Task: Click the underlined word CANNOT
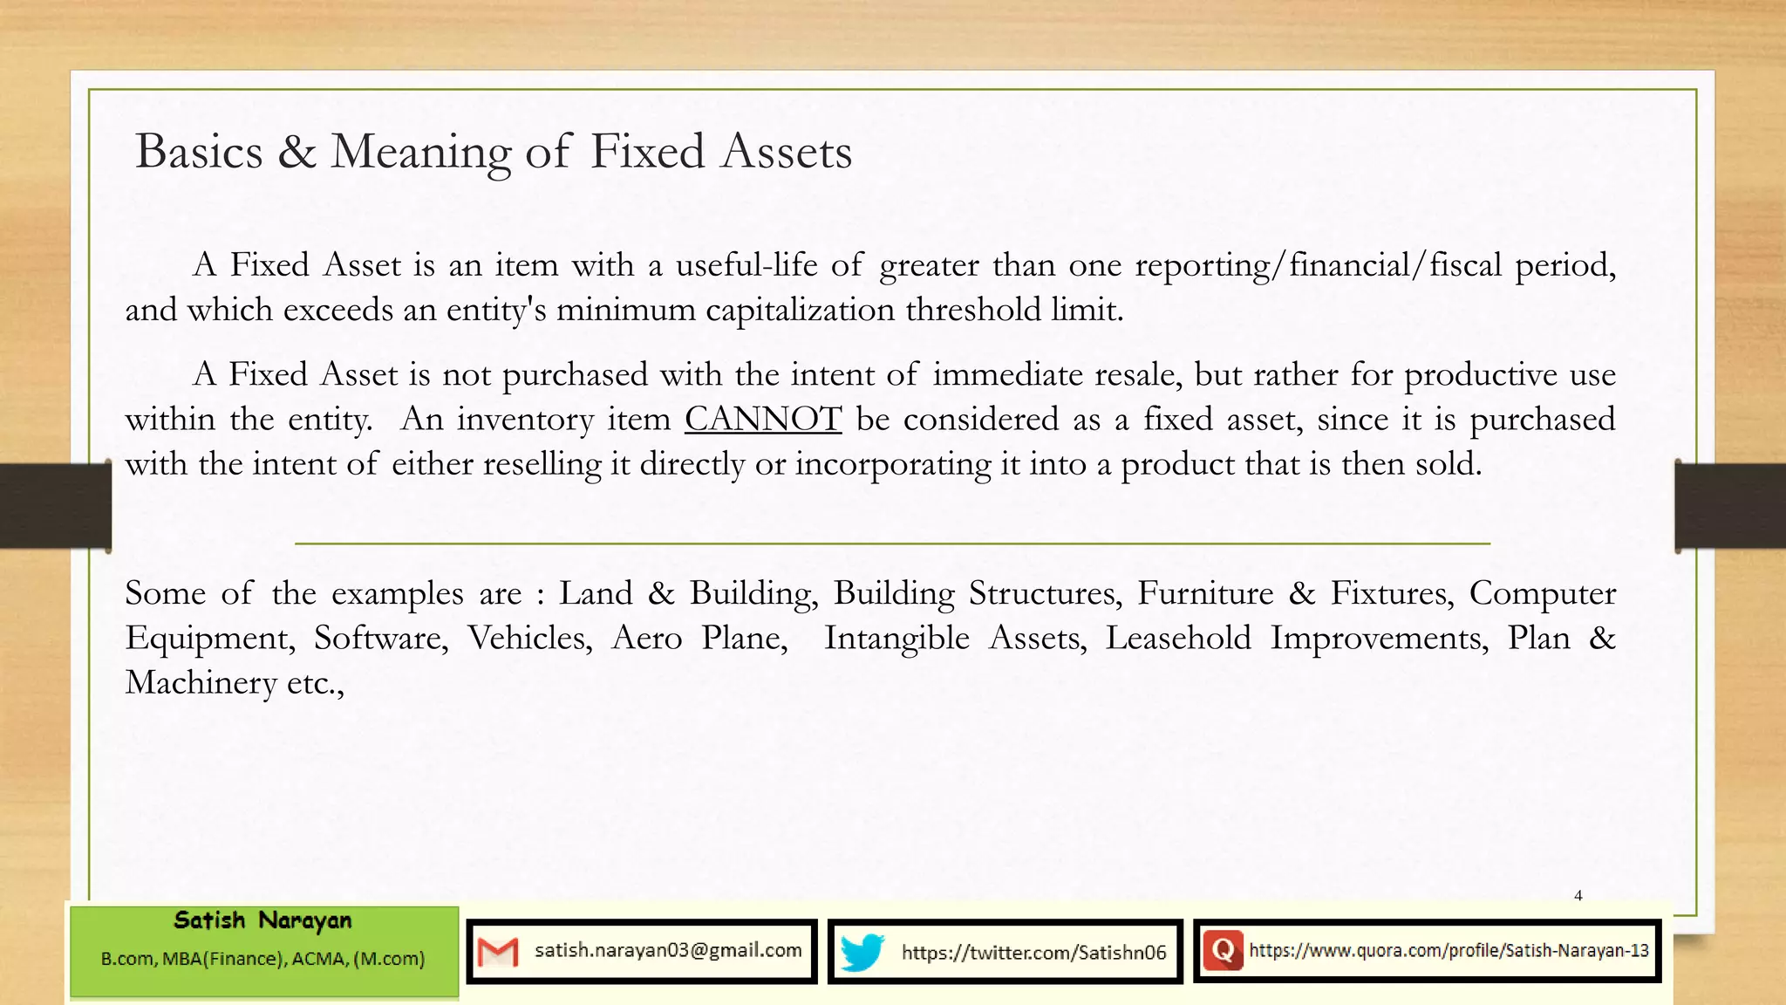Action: click(x=763, y=420)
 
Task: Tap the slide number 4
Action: click(x=1578, y=895)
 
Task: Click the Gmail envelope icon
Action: click(x=498, y=952)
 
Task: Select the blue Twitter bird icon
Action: click(x=862, y=952)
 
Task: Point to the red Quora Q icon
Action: click(x=1223, y=950)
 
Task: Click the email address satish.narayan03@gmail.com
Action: click(x=668, y=950)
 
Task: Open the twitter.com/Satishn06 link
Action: click(x=1033, y=952)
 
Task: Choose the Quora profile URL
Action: click(x=1449, y=950)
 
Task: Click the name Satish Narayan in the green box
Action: click(x=262, y=920)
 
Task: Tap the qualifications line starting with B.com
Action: click(x=262, y=959)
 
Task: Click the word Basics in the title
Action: click(x=199, y=152)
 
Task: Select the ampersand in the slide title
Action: click(x=297, y=152)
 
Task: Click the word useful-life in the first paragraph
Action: click(x=746, y=264)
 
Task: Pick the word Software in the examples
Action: click(x=380, y=638)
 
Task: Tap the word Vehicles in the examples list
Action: click(x=529, y=638)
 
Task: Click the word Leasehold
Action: click(x=1178, y=638)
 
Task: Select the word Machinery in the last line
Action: click(x=201, y=682)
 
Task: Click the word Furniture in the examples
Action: click(x=1205, y=593)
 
